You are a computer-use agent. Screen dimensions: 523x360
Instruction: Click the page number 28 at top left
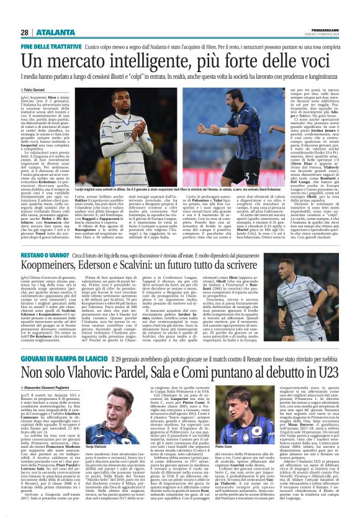24,32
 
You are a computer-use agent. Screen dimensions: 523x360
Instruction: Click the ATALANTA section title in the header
52,32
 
